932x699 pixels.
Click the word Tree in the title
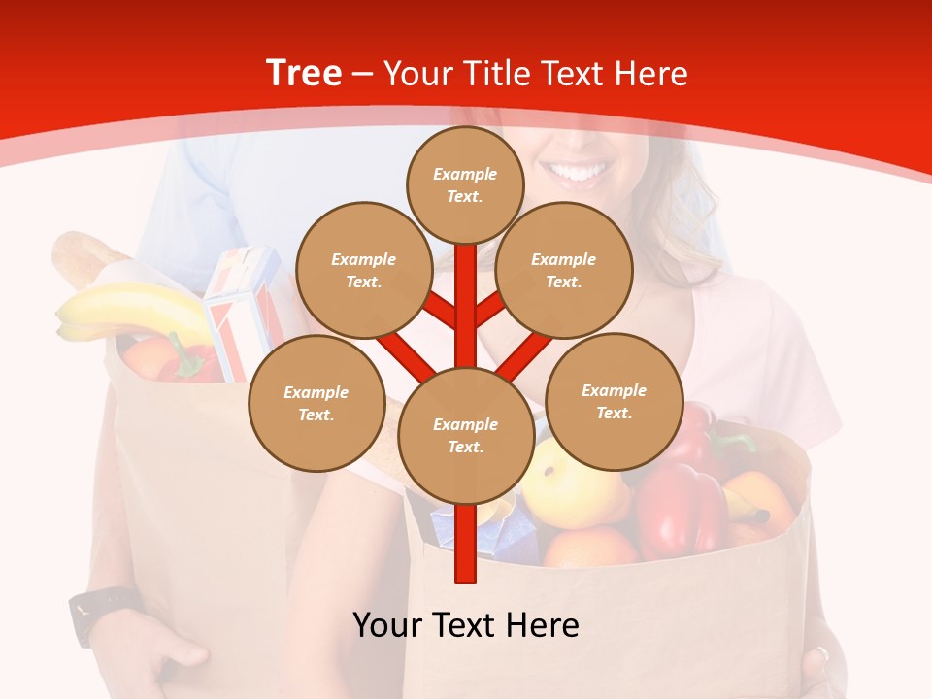[304, 74]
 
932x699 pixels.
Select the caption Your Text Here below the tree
[466, 624]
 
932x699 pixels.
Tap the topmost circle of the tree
[465, 184]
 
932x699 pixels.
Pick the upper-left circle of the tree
[363, 270]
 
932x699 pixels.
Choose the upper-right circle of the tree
[563, 270]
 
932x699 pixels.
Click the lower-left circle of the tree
[316, 403]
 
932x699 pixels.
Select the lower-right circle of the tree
[614, 401]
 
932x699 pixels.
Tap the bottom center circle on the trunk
[465, 435]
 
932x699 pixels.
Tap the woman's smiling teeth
[579, 173]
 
